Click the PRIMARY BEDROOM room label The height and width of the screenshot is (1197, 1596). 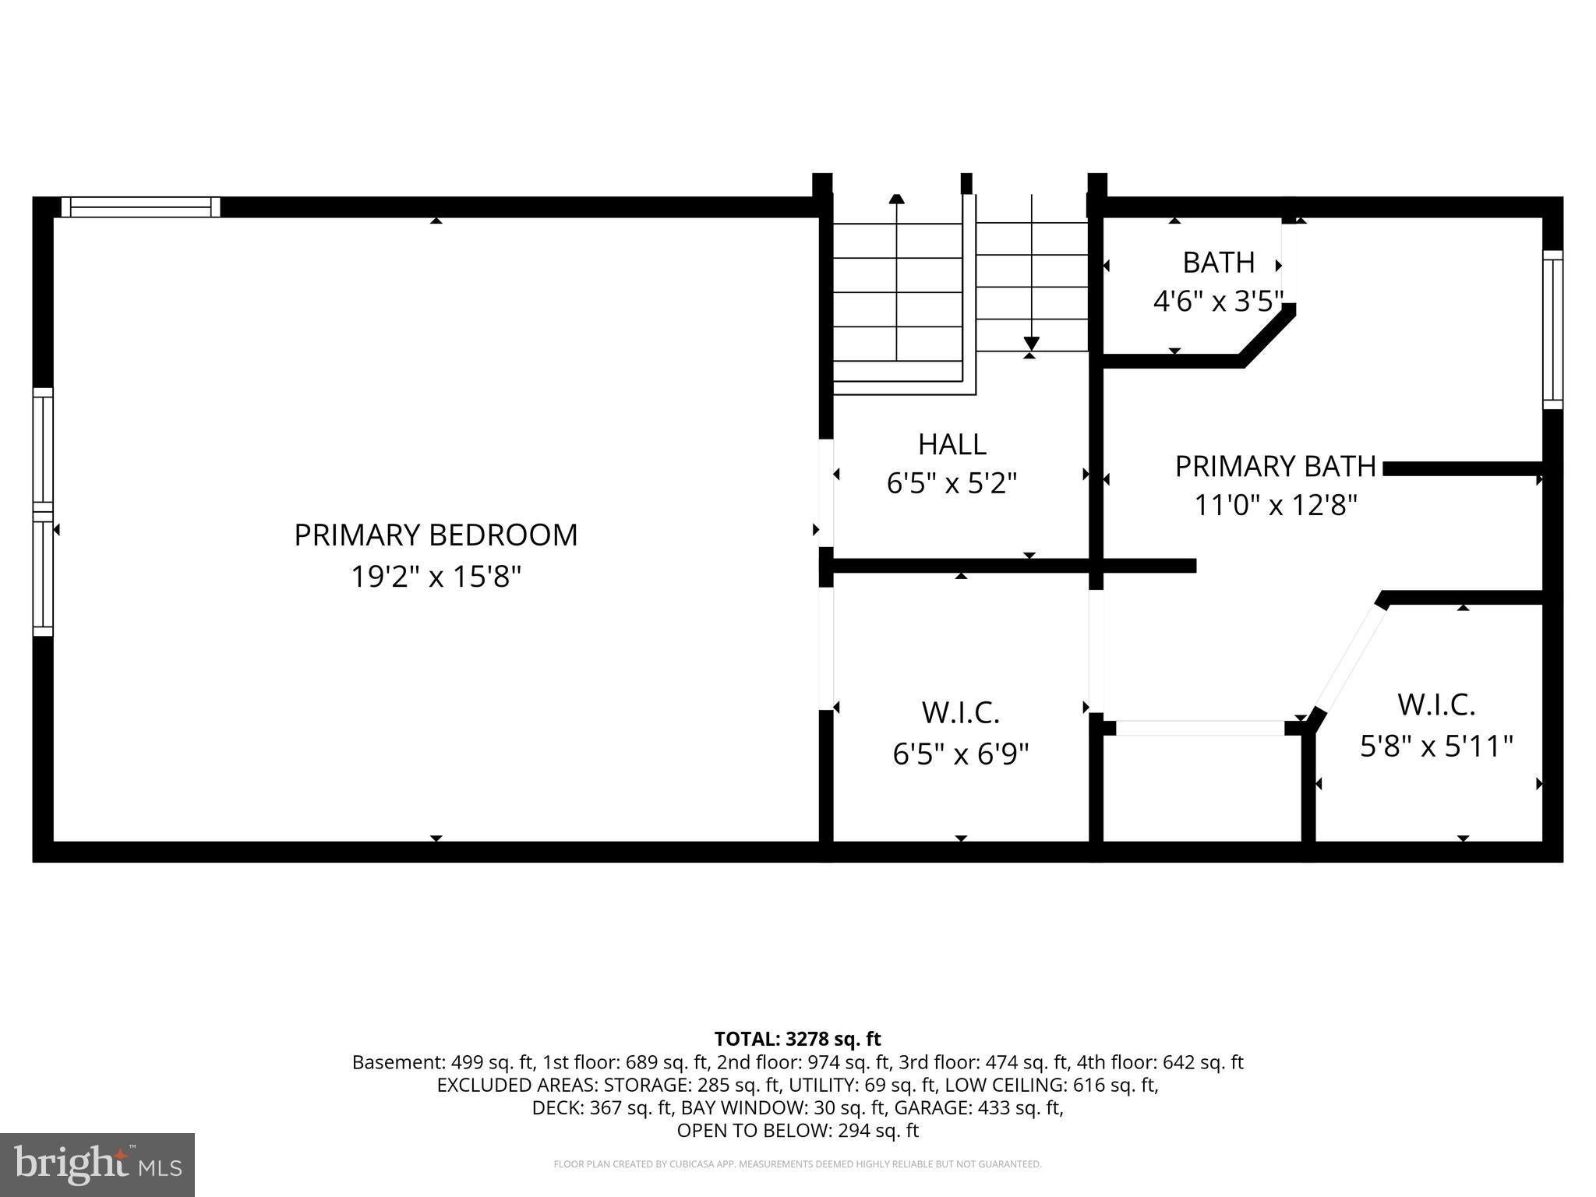pyautogui.click(x=436, y=535)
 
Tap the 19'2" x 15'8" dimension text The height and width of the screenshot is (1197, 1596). pyautogui.click(x=436, y=577)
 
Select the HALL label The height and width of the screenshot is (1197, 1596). pyautogui.click(x=952, y=444)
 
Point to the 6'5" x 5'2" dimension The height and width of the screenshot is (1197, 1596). pyautogui.click(x=952, y=484)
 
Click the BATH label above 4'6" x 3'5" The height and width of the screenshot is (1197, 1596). pyautogui.click(x=1219, y=263)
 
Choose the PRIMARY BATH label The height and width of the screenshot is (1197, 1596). pyautogui.click(x=1276, y=466)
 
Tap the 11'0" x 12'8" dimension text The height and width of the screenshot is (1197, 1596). pyautogui.click(x=1276, y=506)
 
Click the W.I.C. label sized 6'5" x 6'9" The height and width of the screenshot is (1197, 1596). pyautogui.click(x=961, y=712)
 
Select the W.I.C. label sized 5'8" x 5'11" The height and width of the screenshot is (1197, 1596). pyautogui.click(x=1436, y=704)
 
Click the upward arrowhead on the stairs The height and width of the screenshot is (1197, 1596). pyautogui.click(x=897, y=199)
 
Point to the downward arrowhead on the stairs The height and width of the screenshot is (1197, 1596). pyautogui.click(x=1032, y=344)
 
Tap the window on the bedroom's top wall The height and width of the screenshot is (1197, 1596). pyautogui.click(x=141, y=207)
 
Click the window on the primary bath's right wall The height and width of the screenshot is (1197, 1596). pyautogui.click(x=1553, y=330)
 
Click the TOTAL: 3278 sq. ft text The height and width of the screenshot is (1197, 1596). pyautogui.click(x=797, y=1039)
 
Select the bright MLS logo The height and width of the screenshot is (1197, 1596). pyautogui.click(x=97, y=1164)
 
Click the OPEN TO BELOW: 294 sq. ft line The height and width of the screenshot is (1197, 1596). pyautogui.click(x=797, y=1130)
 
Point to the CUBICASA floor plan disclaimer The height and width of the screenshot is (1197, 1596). pyautogui.click(x=797, y=1164)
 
